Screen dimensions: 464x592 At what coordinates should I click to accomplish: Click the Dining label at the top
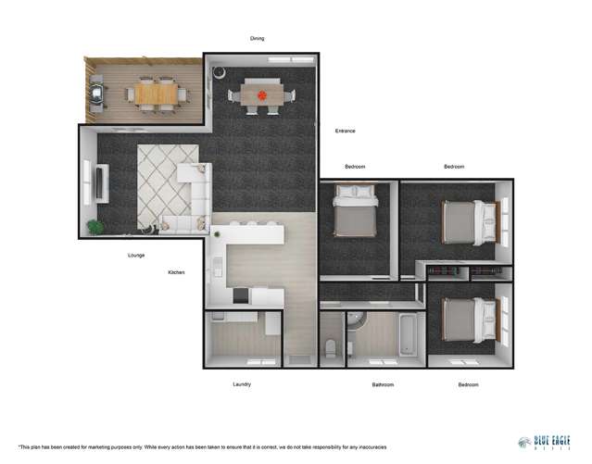pos(258,38)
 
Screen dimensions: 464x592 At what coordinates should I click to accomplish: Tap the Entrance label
pos(345,131)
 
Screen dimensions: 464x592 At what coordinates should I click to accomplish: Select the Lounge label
pos(136,255)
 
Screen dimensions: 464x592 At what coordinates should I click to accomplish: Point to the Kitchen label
pos(177,272)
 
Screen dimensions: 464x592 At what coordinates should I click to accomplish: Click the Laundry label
pos(241,383)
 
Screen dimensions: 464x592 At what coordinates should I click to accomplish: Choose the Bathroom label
pos(383,384)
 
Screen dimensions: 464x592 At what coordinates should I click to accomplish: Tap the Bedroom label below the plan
pos(467,384)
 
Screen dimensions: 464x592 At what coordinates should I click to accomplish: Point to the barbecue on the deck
pos(98,93)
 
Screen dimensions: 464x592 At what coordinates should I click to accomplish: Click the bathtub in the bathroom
pos(407,334)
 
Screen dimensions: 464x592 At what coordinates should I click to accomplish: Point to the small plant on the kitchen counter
pos(217,234)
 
